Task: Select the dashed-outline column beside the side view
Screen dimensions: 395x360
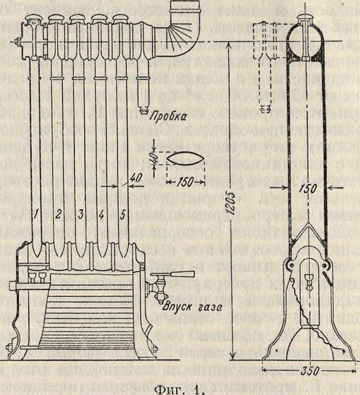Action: click(x=265, y=64)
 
